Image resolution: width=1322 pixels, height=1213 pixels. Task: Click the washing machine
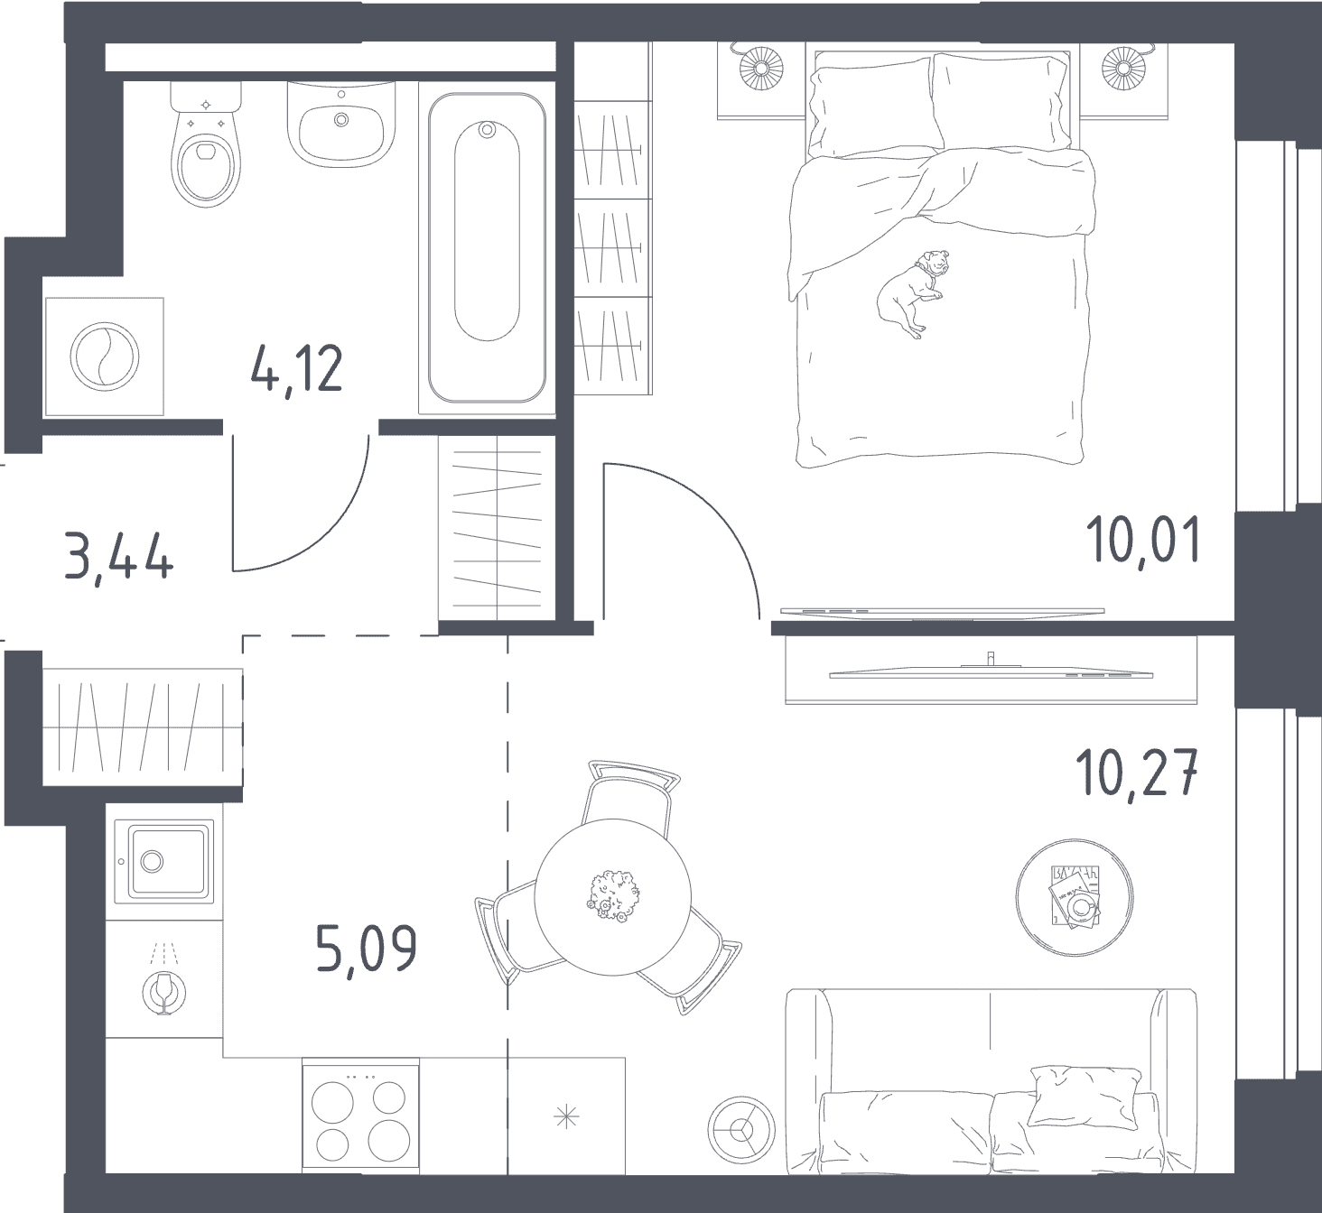pos(105,356)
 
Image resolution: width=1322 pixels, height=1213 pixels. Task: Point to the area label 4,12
pos(297,370)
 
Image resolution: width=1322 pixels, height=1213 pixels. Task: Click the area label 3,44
pos(118,556)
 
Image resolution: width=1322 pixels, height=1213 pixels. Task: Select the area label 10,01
pos(1144,540)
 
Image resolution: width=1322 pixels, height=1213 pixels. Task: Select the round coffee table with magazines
pos(1074,897)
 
